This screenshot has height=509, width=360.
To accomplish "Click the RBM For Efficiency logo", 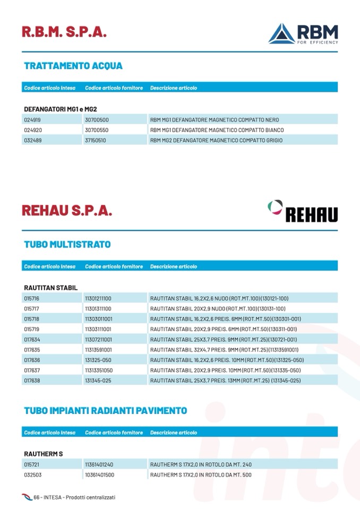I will pyautogui.click(x=303, y=33).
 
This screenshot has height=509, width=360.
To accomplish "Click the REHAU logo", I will pyautogui.click(x=303, y=211).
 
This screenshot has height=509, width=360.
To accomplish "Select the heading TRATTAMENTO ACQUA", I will pyautogui.click(x=73, y=66).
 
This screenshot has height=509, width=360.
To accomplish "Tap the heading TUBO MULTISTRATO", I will pyautogui.click(x=67, y=245).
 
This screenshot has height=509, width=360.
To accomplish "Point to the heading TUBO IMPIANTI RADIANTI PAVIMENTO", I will pyautogui.click(x=106, y=411).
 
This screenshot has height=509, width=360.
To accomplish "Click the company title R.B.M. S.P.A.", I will pyautogui.click(x=64, y=31).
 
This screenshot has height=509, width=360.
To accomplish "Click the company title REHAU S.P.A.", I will pyautogui.click(x=67, y=210).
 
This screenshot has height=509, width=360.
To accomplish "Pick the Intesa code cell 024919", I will pyautogui.click(x=32, y=120).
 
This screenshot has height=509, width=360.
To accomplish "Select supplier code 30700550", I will pyautogui.click(x=97, y=130).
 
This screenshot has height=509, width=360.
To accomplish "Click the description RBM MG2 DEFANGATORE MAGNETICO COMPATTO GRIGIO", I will pyautogui.click(x=216, y=140).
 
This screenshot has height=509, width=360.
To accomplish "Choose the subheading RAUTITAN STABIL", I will pyautogui.click(x=51, y=288).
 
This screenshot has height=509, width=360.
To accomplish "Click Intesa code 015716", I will pyautogui.click(x=32, y=299).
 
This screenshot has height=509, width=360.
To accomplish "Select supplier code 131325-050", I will pyautogui.click(x=98, y=360).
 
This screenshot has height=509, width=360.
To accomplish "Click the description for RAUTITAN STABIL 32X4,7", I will pyautogui.click(x=224, y=350).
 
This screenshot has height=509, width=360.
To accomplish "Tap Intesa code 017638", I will pyautogui.click(x=32, y=380).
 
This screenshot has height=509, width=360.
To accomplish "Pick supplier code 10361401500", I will pyautogui.click(x=99, y=475).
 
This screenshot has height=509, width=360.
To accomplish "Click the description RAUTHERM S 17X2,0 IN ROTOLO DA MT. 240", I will pyautogui.click(x=201, y=464).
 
